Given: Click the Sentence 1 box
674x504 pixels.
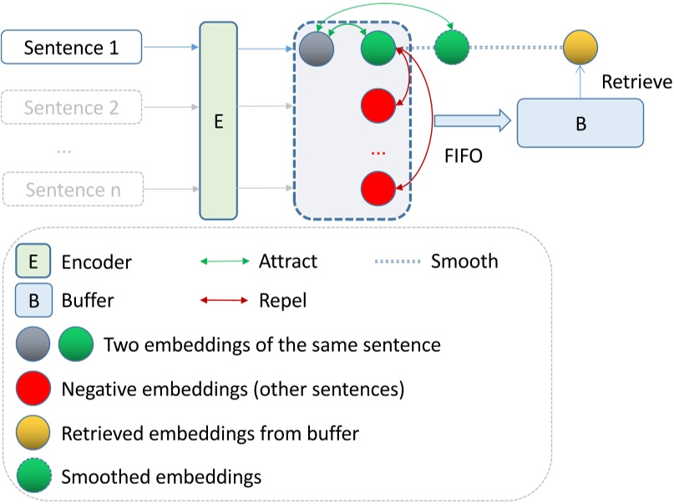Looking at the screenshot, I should pos(72,48).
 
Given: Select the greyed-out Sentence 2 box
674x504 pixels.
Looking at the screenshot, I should pos(72,108).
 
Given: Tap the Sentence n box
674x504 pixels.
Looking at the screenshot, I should pos(72,189).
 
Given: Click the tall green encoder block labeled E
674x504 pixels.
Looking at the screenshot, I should pos(219,121).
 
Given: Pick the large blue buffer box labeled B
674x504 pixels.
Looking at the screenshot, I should pos(580,123).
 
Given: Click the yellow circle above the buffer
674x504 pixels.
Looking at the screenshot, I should pos(580,47).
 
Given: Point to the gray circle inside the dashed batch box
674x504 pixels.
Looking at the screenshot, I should pos(317,48).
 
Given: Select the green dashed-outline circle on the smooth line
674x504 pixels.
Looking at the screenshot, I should pos(452,47).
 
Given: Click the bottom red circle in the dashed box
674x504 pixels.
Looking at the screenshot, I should pos(378,189).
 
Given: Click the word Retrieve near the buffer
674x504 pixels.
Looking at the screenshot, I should pos(636,81).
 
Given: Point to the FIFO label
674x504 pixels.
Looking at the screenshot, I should pos(462,156).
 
